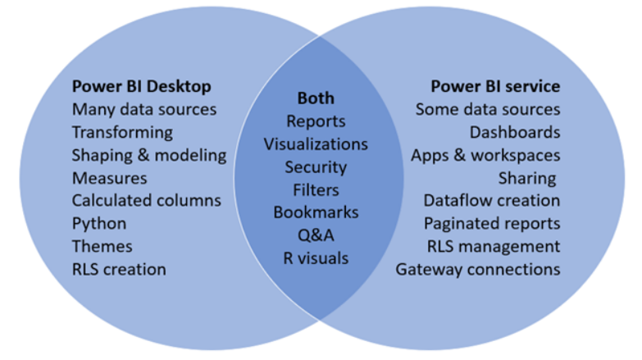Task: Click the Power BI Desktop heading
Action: tap(140, 86)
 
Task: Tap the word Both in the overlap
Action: tap(316, 98)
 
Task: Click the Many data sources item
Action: tap(144, 109)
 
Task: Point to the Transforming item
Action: tap(122, 132)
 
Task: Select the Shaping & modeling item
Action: tap(148, 155)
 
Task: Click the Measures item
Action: tap(110, 178)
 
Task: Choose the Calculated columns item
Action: tap(146, 200)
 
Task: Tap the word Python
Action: tap(99, 223)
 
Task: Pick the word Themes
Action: tap(102, 246)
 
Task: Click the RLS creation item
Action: tap(119, 269)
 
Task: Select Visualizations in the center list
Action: tap(316, 144)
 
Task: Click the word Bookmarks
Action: tap(316, 212)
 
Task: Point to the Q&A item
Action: tap(316, 235)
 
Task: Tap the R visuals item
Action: tap(316, 258)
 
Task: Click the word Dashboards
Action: tap(515, 132)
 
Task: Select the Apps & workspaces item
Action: tap(485, 155)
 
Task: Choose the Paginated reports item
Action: tap(492, 223)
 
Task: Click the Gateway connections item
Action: tap(478, 269)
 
